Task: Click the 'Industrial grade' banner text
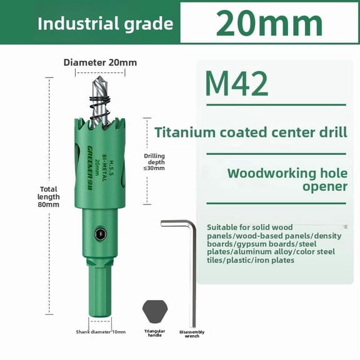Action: click(x=105, y=24)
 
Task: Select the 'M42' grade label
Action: click(x=236, y=84)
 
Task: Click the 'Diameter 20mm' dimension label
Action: click(x=100, y=62)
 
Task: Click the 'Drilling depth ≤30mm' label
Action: click(x=154, y=161)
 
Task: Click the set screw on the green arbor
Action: click(x=101, y=234)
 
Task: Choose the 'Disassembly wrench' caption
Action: click(x=191, y=334)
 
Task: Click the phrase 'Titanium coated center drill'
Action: click(x=250, y=132)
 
